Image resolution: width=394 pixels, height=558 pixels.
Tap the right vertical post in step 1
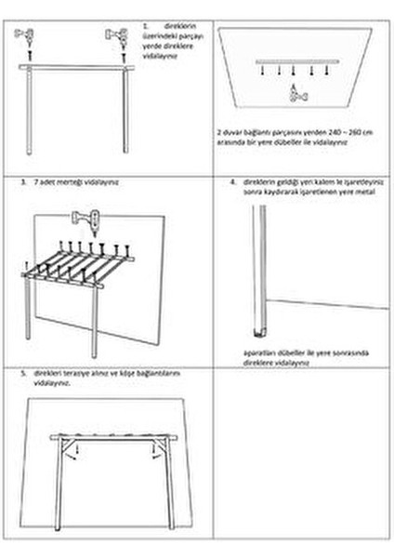pyautogui.click(x=124, y=112)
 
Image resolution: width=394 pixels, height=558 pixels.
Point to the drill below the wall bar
pyautogui.click(x=296, y=91)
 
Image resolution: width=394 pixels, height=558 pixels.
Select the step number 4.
pyautogui.click(x=231, y=182)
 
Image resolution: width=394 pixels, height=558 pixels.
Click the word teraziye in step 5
pyautogui.click(x=71, y=373)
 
